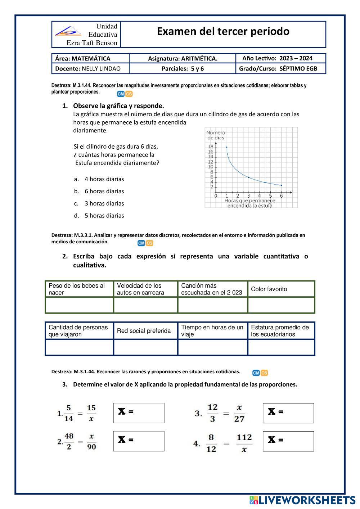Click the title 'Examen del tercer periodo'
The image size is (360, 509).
point(223,32)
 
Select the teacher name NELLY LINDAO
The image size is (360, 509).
point(101,68)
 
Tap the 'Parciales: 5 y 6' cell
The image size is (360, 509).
point(183,68)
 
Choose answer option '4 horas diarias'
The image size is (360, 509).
point(104,179)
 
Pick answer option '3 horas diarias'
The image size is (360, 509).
point(104,203)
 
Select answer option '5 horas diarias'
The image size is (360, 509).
point(104,216)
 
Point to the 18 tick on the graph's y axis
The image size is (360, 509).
point(211,147)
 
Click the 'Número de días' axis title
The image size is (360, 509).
point(216,135)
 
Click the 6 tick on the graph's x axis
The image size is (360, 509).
point(281,196)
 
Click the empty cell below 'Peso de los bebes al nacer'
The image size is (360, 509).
point(79,305)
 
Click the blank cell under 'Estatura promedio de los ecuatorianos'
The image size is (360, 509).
point(281,347)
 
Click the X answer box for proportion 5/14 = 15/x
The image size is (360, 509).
point(139,413)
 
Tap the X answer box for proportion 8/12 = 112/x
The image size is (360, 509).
point(288,441)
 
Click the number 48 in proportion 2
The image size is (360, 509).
point(69,436)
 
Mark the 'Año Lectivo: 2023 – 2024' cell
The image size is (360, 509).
point(277,58)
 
